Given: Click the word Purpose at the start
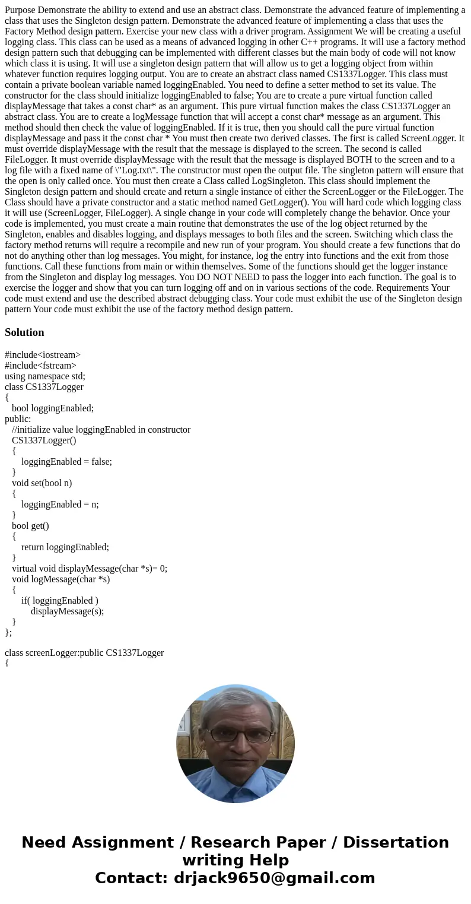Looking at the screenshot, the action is point(21,10).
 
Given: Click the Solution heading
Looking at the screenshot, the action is point(24,332).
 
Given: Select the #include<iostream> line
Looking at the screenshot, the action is point(43,355).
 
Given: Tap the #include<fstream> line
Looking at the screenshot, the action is point(40,366).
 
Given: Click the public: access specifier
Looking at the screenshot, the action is point(18,419).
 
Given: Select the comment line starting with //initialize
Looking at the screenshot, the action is point(101,430).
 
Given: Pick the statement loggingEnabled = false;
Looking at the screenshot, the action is point(66,462).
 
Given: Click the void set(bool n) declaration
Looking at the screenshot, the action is point(42,483).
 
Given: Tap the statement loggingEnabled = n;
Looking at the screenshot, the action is point(60,505).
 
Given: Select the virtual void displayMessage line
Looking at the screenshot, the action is point(90,569).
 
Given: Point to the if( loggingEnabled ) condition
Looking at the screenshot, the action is point(60,601).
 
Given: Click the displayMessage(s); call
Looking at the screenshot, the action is point(67,611).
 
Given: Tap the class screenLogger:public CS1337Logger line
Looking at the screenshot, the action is point(84,653).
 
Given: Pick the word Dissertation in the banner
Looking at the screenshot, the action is point(396,843).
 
